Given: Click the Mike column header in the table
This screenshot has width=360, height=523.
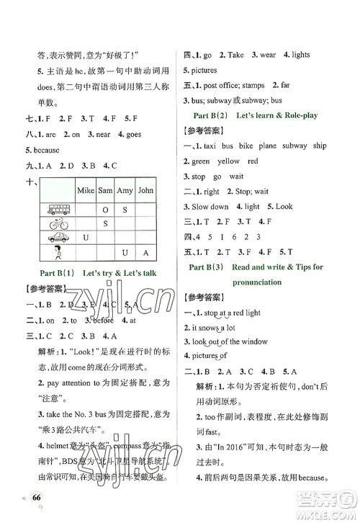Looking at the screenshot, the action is (85, 191).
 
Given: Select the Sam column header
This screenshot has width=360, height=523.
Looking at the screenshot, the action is (105, 191).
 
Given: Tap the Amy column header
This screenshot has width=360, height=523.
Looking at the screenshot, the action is (125, 191).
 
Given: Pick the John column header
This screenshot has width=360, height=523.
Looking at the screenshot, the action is (145, 191).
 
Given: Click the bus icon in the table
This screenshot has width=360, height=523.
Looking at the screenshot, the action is (55, 209).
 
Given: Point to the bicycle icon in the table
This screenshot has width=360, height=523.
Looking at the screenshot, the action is (55, 223).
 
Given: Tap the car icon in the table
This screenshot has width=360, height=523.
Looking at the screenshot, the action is (55, 238).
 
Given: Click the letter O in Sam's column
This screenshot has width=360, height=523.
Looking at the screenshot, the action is (105, 209).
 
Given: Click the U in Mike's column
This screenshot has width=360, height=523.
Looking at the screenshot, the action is (85, 238).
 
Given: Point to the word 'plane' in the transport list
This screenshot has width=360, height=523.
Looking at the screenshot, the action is (261, 146).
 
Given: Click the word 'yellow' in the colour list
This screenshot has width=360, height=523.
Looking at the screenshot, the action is (228, 161).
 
